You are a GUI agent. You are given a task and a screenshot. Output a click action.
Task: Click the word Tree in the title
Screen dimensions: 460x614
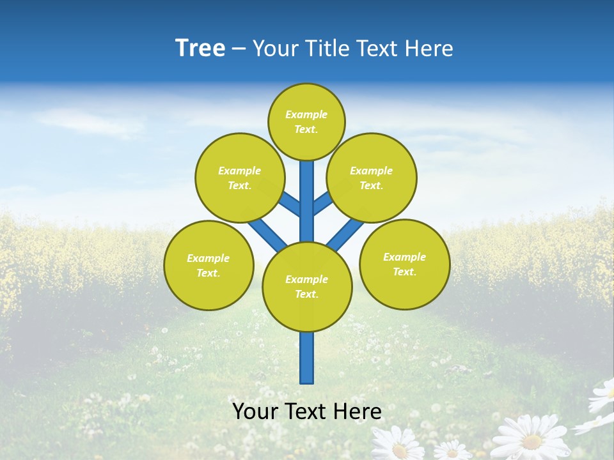(x=200, y=49)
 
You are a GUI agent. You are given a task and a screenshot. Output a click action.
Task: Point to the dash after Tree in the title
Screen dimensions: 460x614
(x=239, y=49)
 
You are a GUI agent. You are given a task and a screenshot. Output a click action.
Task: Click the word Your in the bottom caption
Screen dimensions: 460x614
(x=255, y=411)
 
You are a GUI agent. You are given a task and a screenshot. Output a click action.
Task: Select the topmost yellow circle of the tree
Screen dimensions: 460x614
(x=306, y=121)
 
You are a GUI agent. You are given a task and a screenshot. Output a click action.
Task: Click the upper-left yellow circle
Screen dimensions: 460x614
(x=240, y=178)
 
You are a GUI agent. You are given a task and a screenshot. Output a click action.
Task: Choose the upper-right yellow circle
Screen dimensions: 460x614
(x=371, y=178)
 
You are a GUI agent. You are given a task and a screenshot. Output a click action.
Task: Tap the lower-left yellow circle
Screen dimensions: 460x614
(x=209, y=265)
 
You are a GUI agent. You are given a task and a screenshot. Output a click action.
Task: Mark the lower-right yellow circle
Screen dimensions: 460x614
(x=404, y=264)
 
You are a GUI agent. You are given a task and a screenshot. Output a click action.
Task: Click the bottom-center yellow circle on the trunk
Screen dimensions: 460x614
(x=307, y=286)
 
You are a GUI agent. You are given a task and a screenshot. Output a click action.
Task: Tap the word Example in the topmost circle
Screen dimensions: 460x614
(x=306, y=114)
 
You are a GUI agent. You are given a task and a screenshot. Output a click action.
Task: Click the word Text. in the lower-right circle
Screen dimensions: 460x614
(x=404, y=272)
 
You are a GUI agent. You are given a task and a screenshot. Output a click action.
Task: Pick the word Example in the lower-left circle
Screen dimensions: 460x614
(x=209, y=258)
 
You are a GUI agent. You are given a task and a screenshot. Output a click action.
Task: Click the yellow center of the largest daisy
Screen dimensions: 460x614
(x=532, y=441)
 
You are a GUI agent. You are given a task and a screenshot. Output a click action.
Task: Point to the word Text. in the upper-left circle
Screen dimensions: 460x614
(x=240, y=185)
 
